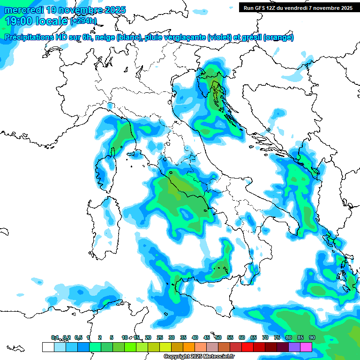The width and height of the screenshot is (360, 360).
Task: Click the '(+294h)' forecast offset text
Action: click(83, 21)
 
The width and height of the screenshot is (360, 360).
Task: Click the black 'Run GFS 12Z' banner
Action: click(298, 7)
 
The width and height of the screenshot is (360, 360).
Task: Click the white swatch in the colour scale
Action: click(48, 347)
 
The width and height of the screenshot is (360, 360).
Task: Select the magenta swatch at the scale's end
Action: click(306, 347)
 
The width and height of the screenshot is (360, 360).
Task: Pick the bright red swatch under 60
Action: click(247, 347)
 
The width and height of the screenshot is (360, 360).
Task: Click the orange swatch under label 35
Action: click(189, 347)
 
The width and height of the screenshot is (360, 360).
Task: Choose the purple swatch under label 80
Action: click(294, 347)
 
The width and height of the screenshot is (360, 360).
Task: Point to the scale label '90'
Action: click(312, 337)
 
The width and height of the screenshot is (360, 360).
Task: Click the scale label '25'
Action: click(159, 337)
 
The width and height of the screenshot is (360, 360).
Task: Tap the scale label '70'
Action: click(265, 337)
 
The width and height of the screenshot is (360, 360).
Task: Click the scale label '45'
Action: click(206, 337)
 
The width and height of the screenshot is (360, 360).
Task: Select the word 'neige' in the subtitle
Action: click(105, 37)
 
